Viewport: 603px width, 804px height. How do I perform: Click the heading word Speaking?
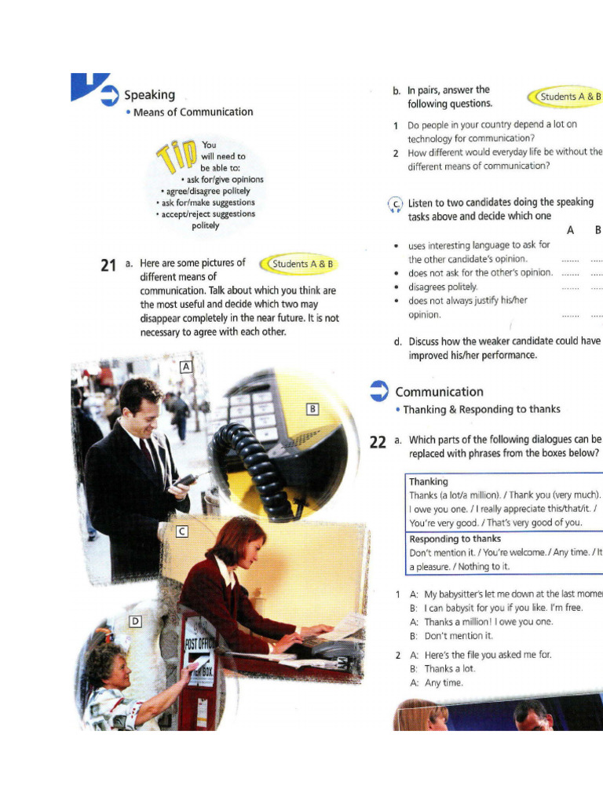point(149,95)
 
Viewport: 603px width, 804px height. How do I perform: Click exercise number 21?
point(109,265)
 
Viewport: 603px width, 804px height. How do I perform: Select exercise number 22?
point(378,442)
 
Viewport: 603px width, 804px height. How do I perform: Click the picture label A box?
point(186,367)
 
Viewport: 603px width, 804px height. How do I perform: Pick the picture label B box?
point(312,408)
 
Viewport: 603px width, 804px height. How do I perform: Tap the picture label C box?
point(181,532)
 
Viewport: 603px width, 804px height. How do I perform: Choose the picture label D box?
point(135,622)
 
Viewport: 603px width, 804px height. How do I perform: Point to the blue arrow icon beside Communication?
point(379,391)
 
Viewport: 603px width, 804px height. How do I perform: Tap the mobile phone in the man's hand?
point(186,478)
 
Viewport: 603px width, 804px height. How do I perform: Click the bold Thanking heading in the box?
point(429,481)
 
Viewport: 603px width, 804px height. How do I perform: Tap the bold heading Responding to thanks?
point(455,539)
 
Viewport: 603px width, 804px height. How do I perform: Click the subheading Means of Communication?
point(193,112)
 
